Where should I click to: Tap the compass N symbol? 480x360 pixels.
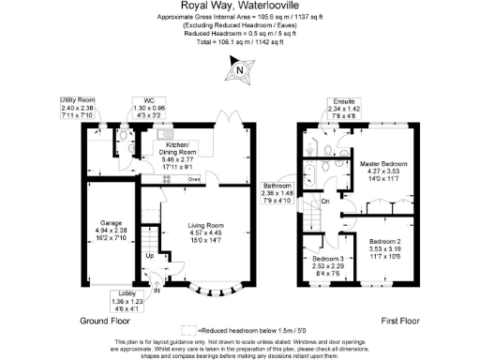coord(240,68)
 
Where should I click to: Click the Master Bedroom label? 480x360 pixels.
coord(382,164)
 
